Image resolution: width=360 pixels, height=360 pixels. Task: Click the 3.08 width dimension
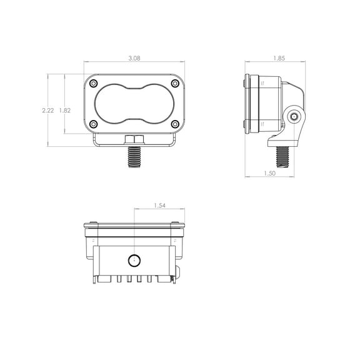(x=134, y=58)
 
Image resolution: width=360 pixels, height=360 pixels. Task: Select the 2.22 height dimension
(x=48, y=111)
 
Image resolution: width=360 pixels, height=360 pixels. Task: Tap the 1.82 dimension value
(x=65, y=111)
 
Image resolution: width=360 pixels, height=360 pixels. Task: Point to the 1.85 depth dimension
(x=279, y=58)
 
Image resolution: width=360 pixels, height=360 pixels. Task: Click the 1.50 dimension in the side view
(x=269, y=173)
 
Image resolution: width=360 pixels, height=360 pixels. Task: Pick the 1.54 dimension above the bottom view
(x=159, y=206)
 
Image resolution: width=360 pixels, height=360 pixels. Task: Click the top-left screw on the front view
(x=94, y=83)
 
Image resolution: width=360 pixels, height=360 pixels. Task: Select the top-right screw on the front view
(x=175, y=83)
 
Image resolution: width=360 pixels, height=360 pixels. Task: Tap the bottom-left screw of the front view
(x=94, y=124)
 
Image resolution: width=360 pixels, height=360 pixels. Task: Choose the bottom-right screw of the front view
(x=175, y=124)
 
